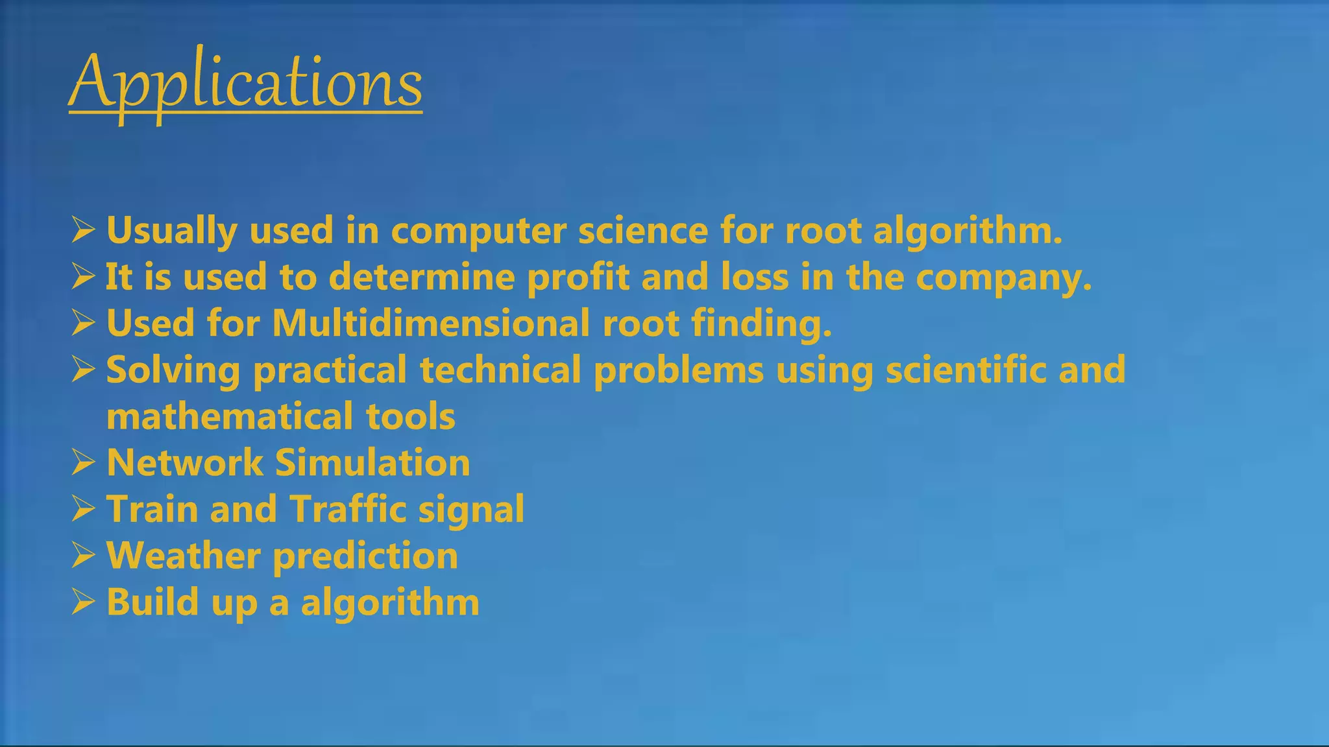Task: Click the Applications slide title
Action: coord(245,83)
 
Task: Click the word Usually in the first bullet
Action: coord(171,231)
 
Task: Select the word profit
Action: coord(578,278)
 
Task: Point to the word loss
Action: coord(754,277)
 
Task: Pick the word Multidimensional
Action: coord(431,323)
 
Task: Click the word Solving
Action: coord(173,371)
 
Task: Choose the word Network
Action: coord(184,463)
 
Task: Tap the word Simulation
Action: coord(372,463)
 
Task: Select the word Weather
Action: coord(183,556)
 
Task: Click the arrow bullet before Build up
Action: coord(84,602)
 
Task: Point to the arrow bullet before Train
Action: coord(84,509)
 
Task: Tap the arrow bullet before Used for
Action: coord(84,323)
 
